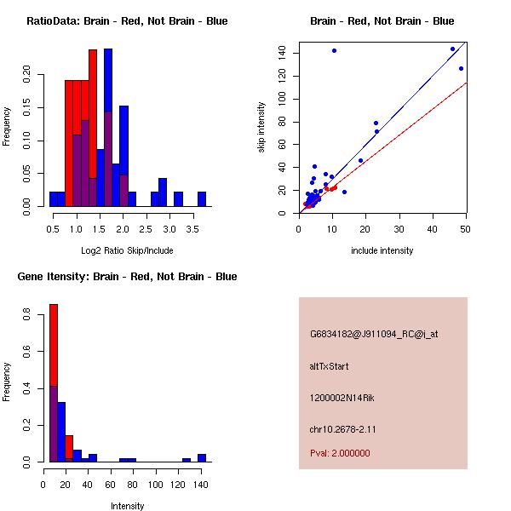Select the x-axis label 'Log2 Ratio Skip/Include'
point(127,250)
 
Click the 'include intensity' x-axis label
point(382,250)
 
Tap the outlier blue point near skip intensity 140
point(334,50)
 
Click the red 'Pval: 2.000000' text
point(340,453)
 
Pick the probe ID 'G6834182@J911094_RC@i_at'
point(373,335)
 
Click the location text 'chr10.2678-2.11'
point(342,428)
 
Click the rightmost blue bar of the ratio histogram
point(202,199)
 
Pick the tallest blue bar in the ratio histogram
point(108,128)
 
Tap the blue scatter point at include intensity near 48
point(461,69)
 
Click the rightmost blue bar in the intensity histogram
point(202,458)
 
